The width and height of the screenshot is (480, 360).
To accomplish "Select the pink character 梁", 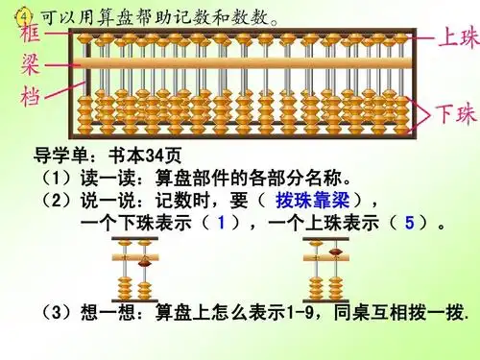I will [36, 67].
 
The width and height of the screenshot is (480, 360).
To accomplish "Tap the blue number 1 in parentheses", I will [222, 223].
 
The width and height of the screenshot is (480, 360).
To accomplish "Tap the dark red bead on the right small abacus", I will [335, 252].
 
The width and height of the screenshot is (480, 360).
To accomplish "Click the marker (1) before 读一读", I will [51, 179].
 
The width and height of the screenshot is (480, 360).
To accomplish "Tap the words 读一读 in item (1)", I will [97, 179].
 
